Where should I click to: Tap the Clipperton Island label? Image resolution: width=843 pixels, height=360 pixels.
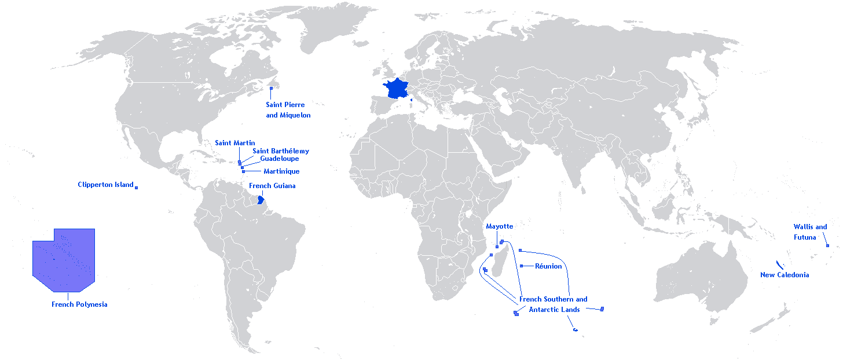(x=105, y=185)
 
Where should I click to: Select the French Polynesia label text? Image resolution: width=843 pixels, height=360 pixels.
(x=79, y=304)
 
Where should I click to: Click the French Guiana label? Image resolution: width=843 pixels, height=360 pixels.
(x=272, y=186)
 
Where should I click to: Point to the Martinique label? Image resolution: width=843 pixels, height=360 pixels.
(x=281, y=171)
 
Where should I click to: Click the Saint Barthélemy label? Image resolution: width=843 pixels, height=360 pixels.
(x=280, y=151)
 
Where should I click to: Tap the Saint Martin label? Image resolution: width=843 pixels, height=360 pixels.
(x=234, y=143)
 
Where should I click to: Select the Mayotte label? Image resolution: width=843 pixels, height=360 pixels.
(x=499, y=226)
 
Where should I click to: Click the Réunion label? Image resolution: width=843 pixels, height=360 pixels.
(x=548, y=266)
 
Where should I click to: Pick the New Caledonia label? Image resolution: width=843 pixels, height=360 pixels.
(x=785, y=275)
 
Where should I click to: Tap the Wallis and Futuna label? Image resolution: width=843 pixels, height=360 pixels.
(x=810, y=232)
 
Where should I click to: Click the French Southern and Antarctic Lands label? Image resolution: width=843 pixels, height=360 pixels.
(x=554, y=304)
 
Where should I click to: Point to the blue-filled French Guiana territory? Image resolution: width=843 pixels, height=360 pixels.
(x=261, y=200)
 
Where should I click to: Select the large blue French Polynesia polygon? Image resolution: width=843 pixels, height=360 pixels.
(x=64, y=260)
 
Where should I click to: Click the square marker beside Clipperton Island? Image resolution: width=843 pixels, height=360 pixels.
(x=137, y=187)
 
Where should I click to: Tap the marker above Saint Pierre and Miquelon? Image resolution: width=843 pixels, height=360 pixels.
(x=271, y=88)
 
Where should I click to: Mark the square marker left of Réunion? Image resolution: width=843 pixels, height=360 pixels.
(x=522, y=266)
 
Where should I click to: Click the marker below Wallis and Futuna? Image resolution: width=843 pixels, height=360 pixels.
(x=827, y=246)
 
